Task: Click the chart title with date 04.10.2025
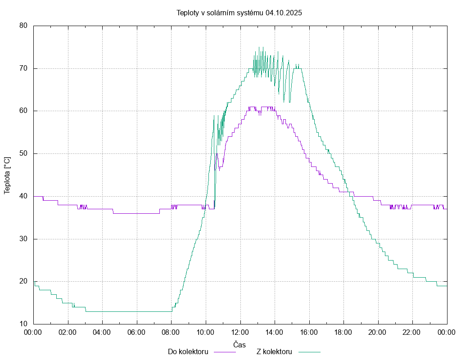click(239, 13)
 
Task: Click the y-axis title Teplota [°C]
click(7, 175)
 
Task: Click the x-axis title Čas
click(240, 345)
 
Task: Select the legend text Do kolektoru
click(188, 351)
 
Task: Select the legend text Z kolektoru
click(274, 351)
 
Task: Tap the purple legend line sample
click(224, 352)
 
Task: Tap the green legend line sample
click(308, 352)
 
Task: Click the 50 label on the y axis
click(23, 153)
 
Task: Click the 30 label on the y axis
click(23, 239)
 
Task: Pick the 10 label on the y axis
click(23, 324)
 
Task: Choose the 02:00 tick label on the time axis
click(68, 332)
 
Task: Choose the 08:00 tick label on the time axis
click(171, 332)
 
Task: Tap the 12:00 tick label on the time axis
click(240, 332)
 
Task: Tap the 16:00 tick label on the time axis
click(309, 332)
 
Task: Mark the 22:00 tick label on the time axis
click(412, 332)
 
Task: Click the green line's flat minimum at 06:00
click(137, 311)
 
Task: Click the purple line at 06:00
click(137, 213)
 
